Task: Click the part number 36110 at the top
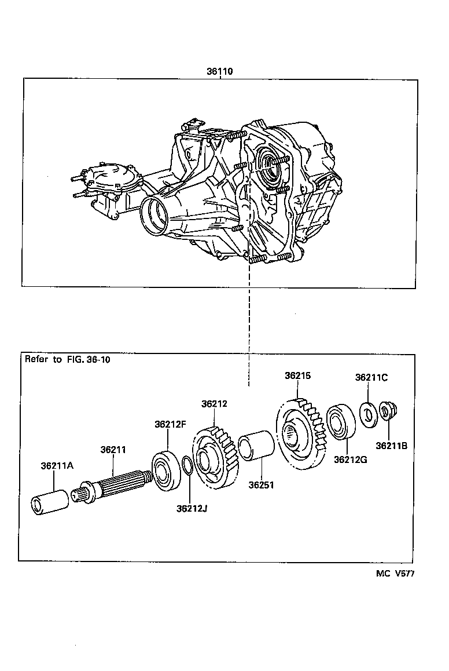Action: (x=220, y=72)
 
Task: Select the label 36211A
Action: (x=57, y=465)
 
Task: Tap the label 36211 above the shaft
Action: (x=113, y=449)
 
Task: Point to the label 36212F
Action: (x=170, y=424)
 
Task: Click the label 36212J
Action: (x=192, y=508)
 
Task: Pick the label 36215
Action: (x=297, y=375)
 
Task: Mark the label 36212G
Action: (x=349, y=460)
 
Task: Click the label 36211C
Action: (x=371, y=377)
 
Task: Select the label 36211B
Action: (x=391, y=446)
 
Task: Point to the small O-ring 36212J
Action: (x=187, y=465)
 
